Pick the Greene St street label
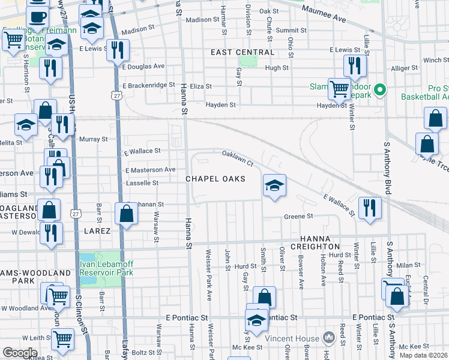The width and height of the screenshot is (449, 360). tap(298, 216)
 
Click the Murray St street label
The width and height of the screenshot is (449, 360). tap(93, 139)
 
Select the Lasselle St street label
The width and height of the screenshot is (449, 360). tap(142, 182)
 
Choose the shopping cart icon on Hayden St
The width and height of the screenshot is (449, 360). tap(340, 89)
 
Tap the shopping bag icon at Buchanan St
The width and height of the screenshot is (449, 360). tap(127, 214)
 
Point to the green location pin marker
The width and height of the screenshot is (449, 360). tap(379, 91)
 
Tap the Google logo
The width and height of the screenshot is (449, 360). tap(19, 353)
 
